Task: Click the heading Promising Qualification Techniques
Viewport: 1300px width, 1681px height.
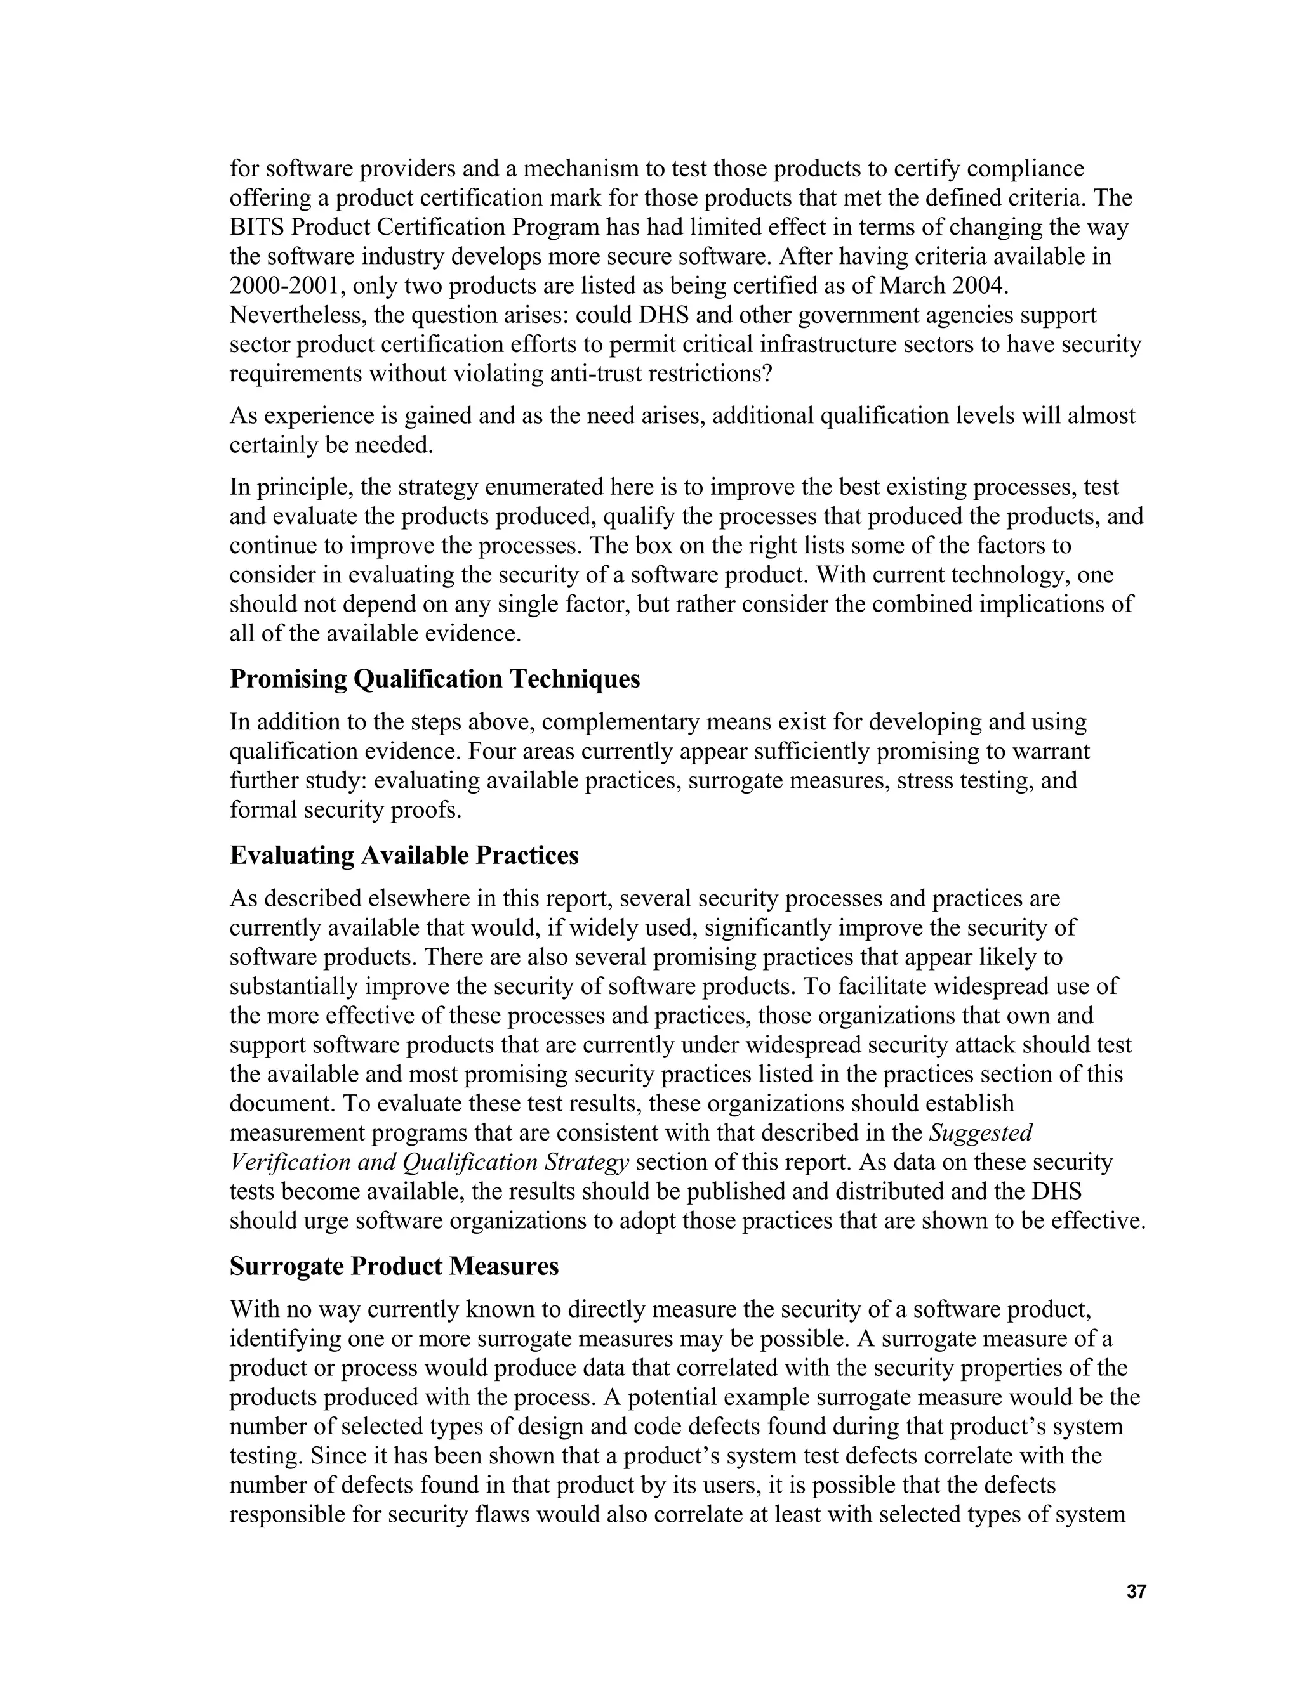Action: (x=434, y=679)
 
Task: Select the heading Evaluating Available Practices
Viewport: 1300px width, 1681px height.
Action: (x=404, y=855)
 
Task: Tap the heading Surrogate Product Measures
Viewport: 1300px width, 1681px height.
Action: (x=394, y=1266)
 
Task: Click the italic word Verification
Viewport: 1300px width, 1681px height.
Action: (x=279, y=1162)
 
